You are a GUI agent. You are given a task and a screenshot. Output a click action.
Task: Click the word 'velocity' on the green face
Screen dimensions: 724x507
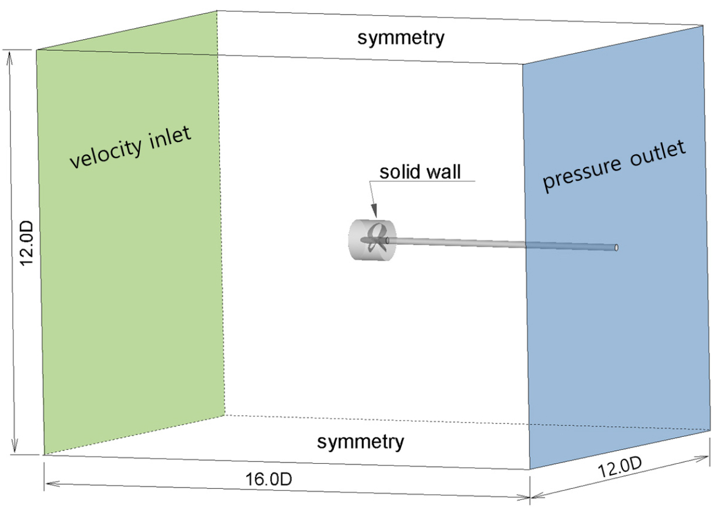tap(106, 153)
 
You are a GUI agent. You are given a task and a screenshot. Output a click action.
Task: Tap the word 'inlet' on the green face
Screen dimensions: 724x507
tap(170, 137)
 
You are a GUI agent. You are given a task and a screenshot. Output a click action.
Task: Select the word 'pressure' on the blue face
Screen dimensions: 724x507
tap(582, 174)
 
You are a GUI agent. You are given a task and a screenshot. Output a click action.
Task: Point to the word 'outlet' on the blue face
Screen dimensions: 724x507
tap(658, 153)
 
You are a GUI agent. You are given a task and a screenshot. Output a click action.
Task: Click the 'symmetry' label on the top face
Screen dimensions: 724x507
tap(401, 38)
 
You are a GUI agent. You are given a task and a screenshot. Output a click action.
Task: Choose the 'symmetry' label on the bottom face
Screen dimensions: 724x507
tap(360, 442)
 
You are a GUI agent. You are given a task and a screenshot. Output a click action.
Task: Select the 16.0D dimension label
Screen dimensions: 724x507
tap(268, 479)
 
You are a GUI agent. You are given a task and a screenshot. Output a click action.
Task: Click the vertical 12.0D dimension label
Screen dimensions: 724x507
tap(26, 243)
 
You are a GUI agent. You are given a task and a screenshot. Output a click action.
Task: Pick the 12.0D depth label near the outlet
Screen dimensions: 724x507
tap(619, 467)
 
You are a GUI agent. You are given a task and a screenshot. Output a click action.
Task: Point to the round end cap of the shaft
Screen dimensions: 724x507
tap(616, 247)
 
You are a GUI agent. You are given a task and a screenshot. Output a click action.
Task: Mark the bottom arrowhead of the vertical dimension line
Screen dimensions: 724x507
tap(15, 446)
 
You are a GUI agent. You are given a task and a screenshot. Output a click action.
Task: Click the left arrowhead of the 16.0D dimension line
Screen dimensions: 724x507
tap(51, 484)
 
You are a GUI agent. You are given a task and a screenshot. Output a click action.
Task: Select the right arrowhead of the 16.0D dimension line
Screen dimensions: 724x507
tap(523, 497)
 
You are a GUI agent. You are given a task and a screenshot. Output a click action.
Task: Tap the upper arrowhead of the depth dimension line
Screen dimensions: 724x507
tap(702, 458)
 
